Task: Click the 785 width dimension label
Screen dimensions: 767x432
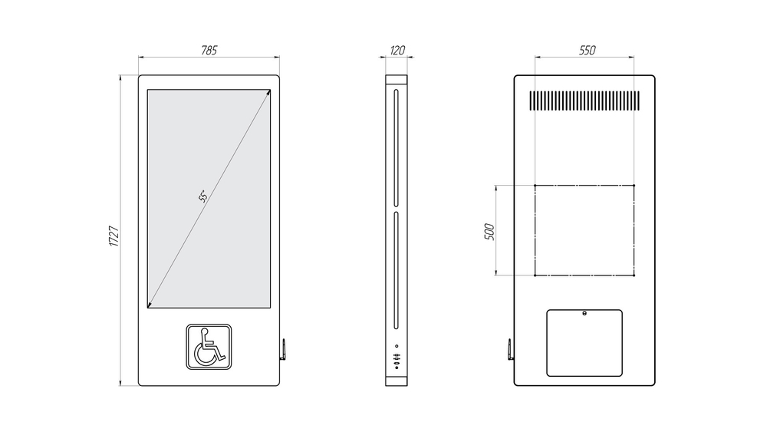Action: click(209, 50)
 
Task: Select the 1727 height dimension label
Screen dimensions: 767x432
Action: click(114, 236)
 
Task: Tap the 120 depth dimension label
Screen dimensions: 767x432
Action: click(397, 50)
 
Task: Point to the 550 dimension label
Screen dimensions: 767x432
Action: click(587, 50)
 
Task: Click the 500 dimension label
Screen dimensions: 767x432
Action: click(489, 232)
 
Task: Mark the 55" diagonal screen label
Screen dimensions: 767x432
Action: click(203, 196)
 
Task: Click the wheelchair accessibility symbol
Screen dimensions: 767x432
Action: click(209, 346)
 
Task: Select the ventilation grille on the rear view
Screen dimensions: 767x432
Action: click(584, 101)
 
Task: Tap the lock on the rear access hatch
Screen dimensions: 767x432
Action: click(584, 313)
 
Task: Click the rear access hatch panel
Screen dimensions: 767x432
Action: click(584, 342)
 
